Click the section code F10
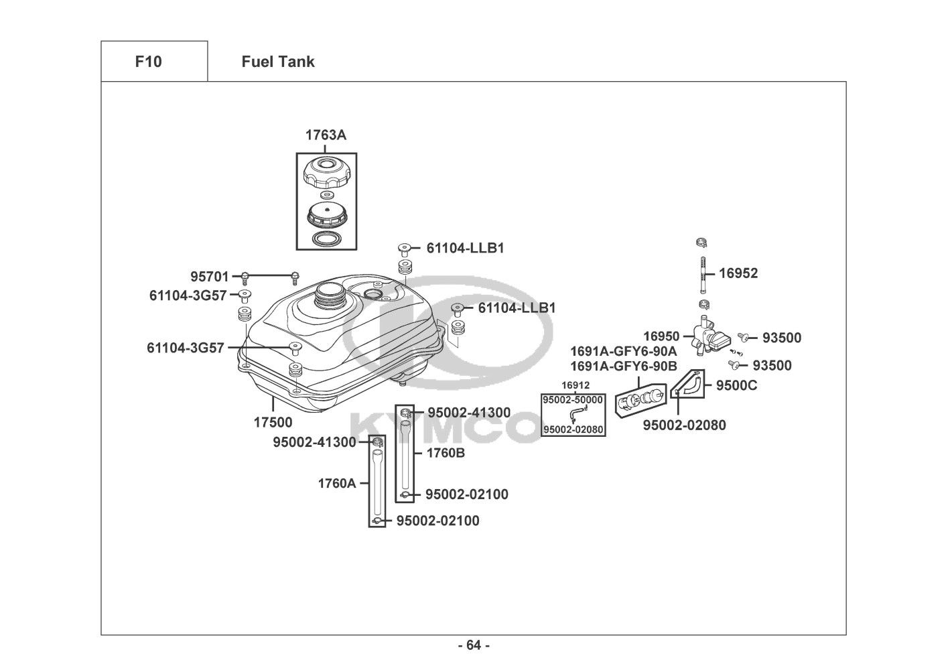(x=148, y=62)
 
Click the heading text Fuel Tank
(x=277, y=62)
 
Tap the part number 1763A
(x=326, y=135)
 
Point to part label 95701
(x=210, y=277)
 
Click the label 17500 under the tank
(x=273, y=423)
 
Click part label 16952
(x=738, y=273)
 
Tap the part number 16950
(x=661, y=336)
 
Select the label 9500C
(x=736, y=385)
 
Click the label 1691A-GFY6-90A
(x=623, y=352)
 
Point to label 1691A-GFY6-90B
(x=623, y=366)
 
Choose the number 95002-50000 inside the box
(x=573, y=400)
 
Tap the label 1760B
(x=446, y=453)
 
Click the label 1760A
(x=337, y=483)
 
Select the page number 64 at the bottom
(x=474, y=645)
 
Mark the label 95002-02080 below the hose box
(x=684, y=425)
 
